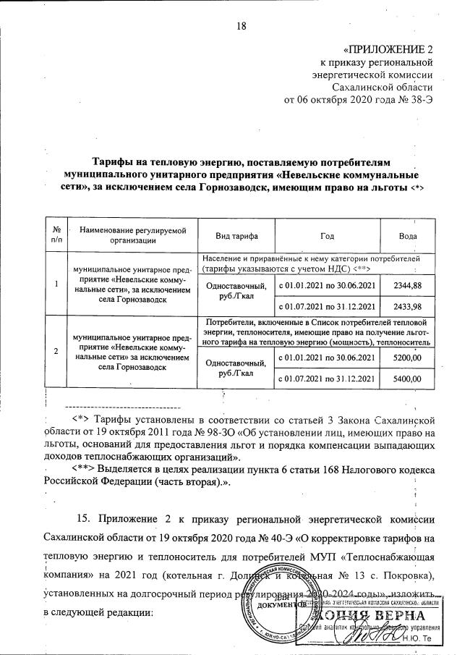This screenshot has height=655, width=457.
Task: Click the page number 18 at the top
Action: point(242,27)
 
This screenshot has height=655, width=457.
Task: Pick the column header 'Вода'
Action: point(408,236)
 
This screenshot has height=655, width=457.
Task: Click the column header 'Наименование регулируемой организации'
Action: point(128,236)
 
